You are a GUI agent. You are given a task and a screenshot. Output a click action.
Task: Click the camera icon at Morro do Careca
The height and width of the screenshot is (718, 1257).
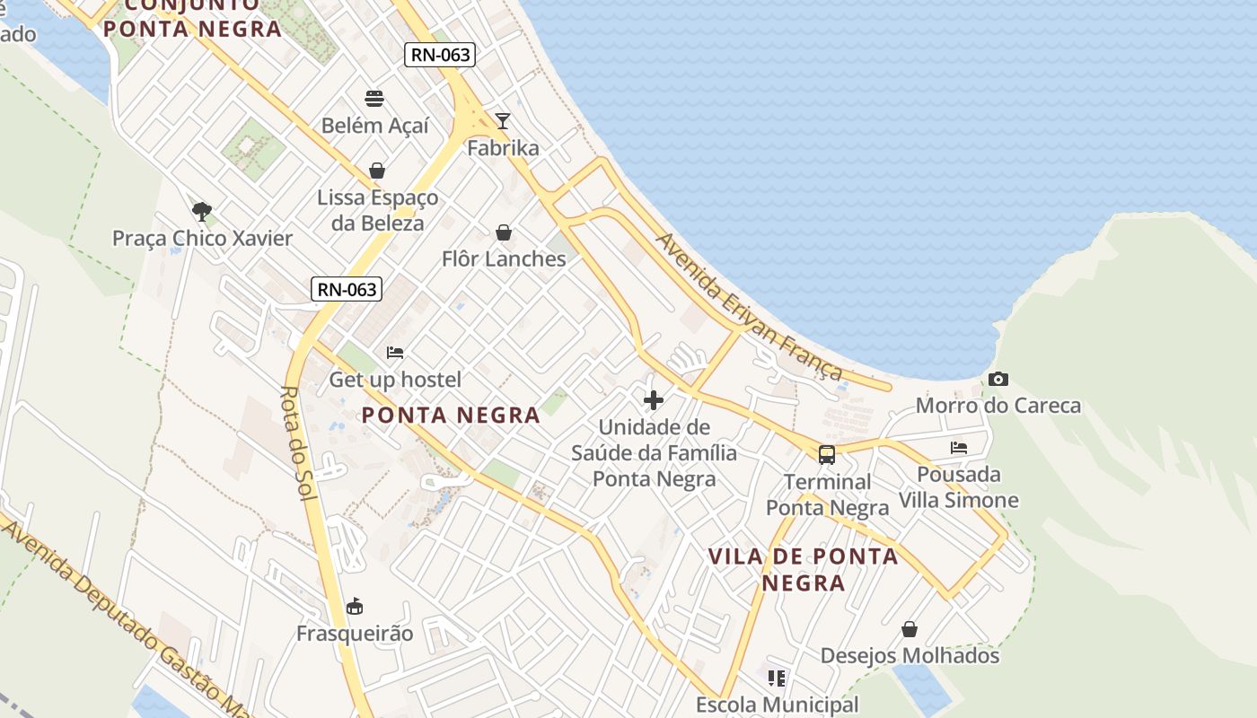(x=998, y=380)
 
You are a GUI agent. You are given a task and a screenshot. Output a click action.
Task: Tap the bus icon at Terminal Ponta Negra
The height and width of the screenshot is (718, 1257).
(x=826, y=455)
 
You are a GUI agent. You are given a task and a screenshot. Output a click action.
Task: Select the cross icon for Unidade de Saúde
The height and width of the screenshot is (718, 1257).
(x=654, y=400)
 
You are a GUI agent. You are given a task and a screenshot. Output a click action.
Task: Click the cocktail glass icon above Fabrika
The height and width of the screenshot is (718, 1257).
(x=503, y=121)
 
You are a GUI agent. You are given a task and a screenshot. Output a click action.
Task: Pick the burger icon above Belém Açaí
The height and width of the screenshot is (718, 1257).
(x=374, y=99)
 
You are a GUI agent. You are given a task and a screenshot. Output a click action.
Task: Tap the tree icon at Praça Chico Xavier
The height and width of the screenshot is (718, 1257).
(x=202, y=212)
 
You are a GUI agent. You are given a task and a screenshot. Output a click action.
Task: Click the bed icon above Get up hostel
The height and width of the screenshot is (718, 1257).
(x=395, y=353)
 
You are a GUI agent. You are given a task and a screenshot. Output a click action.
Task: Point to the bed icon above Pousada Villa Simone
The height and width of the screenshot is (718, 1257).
(x=959, y=448)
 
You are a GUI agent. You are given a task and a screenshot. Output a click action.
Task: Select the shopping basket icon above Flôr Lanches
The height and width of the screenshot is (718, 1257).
(x=504, y=233)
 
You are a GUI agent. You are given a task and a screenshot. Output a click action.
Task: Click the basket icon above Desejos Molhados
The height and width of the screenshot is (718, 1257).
(x=910, y=629)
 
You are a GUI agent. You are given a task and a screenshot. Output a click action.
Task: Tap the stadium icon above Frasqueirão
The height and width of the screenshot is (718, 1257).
(x=355, y=607)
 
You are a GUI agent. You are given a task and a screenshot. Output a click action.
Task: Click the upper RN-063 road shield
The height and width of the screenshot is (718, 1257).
(x=439, y=55)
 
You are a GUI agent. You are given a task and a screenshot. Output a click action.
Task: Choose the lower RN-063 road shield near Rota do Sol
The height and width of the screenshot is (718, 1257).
(x=347, y=289)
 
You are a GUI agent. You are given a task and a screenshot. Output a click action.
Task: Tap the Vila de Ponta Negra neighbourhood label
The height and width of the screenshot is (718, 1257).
(x=804, y=569)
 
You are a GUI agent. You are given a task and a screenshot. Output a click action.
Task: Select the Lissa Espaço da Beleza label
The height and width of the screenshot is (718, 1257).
(x=377, y=210)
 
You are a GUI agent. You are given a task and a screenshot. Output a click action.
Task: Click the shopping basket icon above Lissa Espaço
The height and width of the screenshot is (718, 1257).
(x=377, y=171)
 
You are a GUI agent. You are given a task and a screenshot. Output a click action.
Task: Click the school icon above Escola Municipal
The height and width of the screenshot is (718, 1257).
(x=777, y=679)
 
